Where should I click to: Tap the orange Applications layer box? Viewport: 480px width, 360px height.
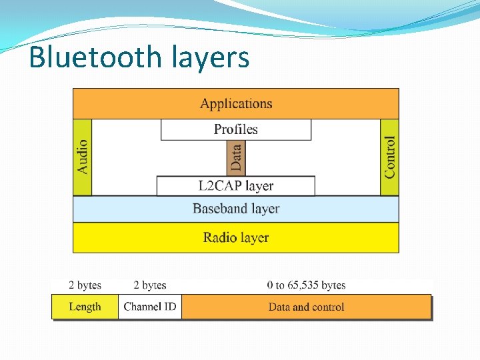coord(236,103)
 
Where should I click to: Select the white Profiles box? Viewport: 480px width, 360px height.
coord(236,129)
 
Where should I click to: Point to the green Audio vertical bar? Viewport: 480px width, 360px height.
coord(82,157)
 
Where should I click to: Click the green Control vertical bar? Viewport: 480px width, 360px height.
coord(389,157)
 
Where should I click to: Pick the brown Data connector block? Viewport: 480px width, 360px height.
coord(236,158)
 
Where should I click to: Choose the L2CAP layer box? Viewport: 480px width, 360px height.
coord(236,185)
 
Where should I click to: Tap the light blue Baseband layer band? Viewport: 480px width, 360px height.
coord(236,209)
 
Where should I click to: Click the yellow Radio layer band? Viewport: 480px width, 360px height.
coord(236,237)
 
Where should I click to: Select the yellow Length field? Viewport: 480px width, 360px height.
coord(85,307)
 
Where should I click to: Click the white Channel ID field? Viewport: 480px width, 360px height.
coord(150,307)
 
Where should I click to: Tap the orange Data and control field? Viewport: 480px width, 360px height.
coord(306,307)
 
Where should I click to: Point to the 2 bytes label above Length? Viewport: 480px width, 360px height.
coord(85,285)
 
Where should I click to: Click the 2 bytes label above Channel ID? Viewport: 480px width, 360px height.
coord(150,285)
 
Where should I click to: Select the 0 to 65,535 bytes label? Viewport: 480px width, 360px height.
coord(306,285)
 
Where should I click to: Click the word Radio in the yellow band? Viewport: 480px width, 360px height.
coord(219,237)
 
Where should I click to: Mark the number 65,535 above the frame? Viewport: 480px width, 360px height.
coord(302,285)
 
